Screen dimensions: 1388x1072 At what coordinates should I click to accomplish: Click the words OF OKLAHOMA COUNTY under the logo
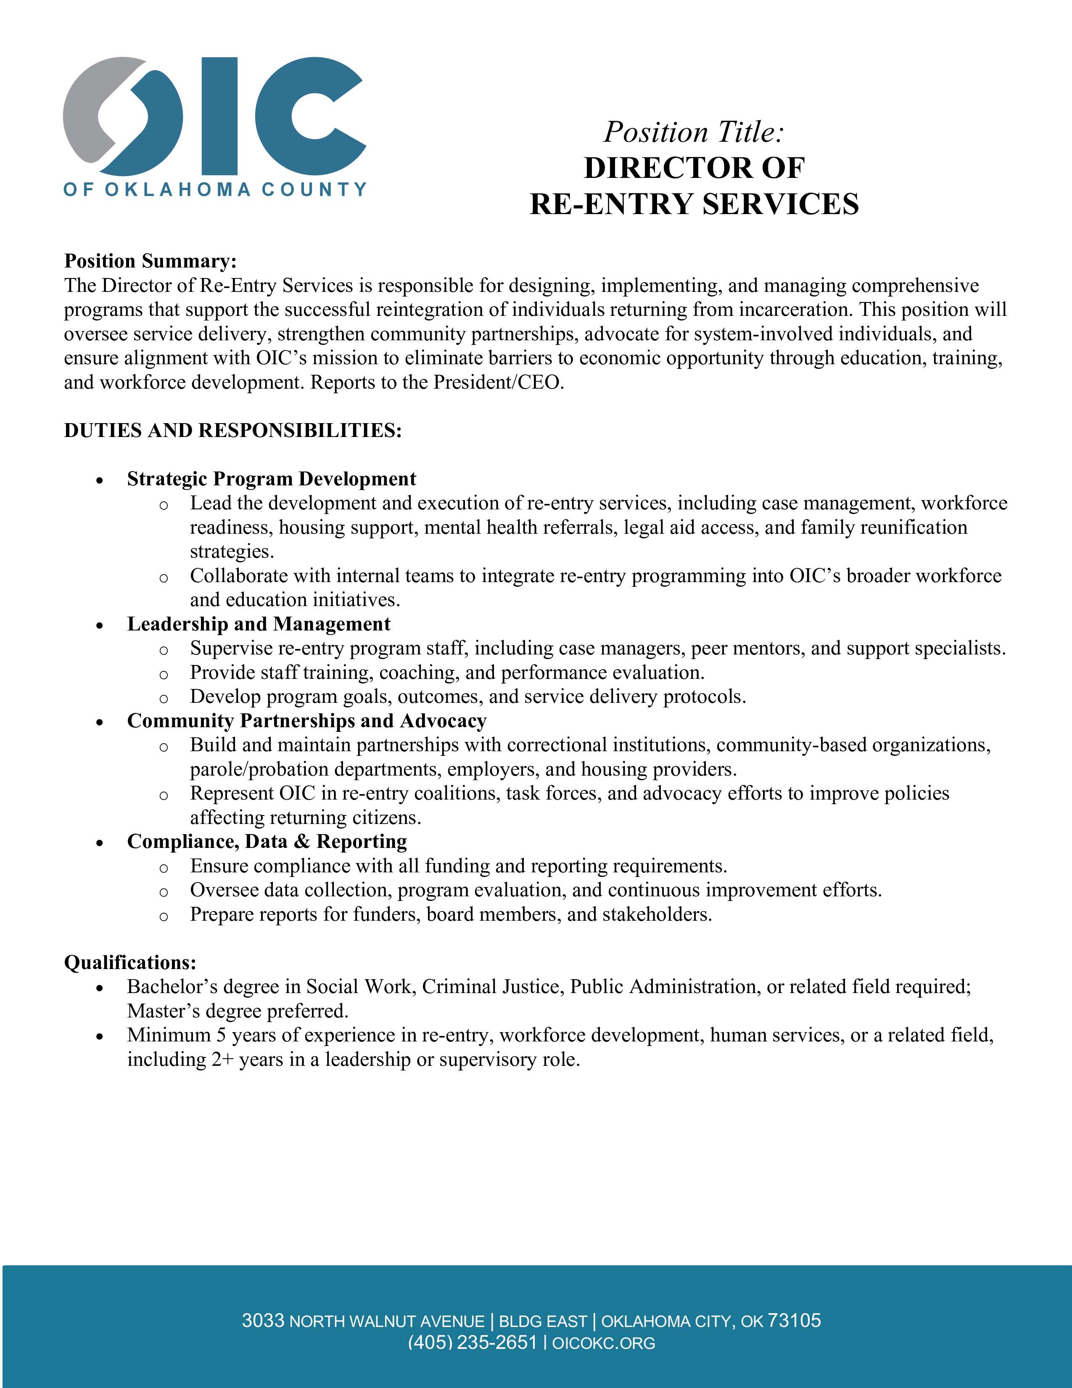(215, 189)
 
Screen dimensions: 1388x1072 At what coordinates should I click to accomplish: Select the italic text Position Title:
(694, 132)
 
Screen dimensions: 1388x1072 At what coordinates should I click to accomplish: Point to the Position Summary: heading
(151, 261)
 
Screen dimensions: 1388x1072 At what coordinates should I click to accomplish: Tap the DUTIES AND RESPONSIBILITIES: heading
(233, 430)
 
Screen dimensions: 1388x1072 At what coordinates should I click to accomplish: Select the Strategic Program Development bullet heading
(272, 479)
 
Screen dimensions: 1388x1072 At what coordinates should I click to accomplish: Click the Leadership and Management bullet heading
(259, 624)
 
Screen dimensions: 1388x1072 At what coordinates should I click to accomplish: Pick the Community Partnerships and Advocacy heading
(307, 720)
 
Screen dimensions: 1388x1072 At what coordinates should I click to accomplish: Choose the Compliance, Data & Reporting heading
(267, 842)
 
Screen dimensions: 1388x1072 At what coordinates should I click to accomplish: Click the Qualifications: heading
(130, 962)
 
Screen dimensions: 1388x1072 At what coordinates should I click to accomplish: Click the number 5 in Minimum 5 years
(221, 1035)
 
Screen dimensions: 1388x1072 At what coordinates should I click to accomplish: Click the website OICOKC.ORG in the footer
(603, 1343)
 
